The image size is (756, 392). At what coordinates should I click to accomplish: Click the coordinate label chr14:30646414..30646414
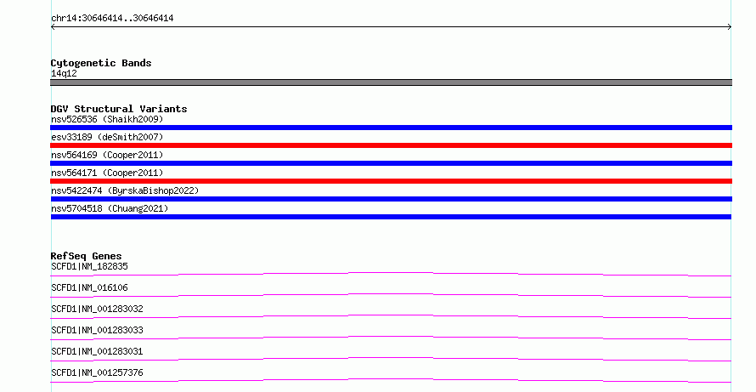pyautogui.click(x=112, y=19)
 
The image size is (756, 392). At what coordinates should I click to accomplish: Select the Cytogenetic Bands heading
pyautogui.click(x=101, y=63)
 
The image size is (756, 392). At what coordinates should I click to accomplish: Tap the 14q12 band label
pyautogui.click(x=64, y=73)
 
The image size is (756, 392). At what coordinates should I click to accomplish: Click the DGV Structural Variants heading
pyautogui.click(x=119, y=109)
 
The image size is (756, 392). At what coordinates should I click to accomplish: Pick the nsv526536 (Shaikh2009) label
pyautogui.click(x=107, y=119)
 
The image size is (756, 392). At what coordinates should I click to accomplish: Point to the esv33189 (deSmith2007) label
pyautogui.click(x=107, y=137)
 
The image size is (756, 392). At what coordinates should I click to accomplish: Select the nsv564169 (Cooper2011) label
pyautogui.click(x=107, y=155)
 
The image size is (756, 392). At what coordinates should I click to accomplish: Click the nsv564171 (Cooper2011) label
pyautogui.click(x=107, y=173)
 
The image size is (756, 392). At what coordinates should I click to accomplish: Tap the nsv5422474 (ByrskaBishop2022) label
pyautogui.click(x=125, y=190)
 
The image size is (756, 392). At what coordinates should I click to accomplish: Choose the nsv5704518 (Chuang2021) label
pyautogui.click(x=110, y=208)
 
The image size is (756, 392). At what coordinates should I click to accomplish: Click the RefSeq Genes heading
pyautogui.click(x=86, y=256)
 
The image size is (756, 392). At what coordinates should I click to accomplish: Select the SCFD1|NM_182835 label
pyautogui.click(x=89, y=266)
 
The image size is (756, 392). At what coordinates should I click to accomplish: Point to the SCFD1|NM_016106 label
pyautogui.click(x=89, y=287)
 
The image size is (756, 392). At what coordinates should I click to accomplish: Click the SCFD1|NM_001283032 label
pyautogui.click(x=97, y=309)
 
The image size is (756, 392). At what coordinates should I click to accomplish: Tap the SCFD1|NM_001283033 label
pyautogui.click(x=97, y=330)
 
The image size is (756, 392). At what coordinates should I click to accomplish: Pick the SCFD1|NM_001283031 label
pyautogui.click(x=97, y=351)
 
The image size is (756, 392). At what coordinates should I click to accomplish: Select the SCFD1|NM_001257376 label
pyautogui.click(x=97, y=372)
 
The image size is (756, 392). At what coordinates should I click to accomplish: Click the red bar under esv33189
pyautogui.click(x=391, y=145)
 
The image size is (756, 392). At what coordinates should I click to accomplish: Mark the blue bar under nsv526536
pyautogui.click(x=391, y=128)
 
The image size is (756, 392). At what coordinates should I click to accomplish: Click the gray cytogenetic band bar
pyautogui.click(x=391, y=82)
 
